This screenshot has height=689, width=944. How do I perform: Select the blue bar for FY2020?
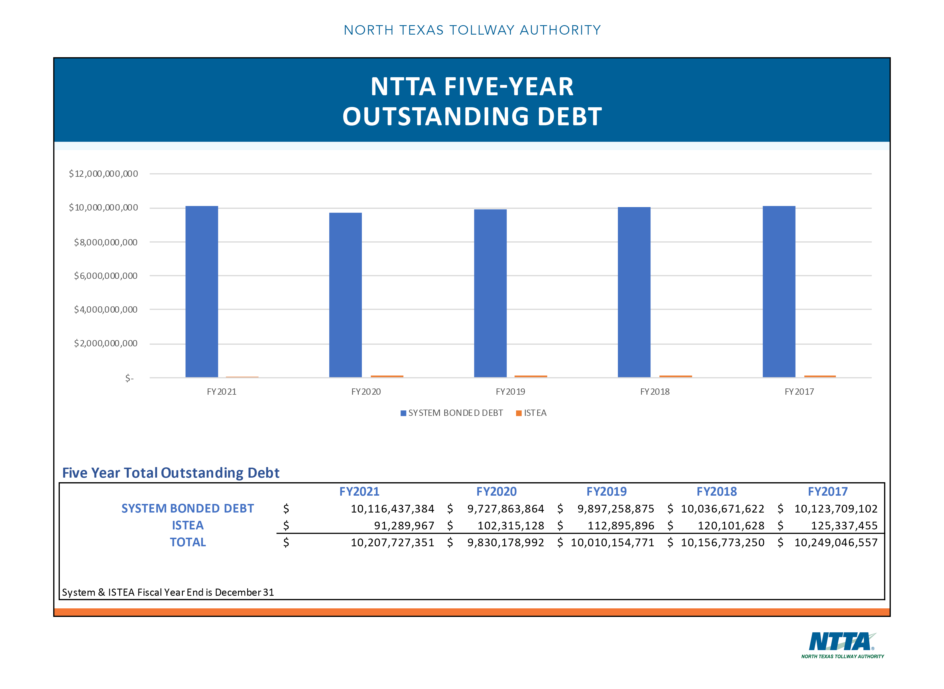tap(345, 295)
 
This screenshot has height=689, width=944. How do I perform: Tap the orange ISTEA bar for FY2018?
tap(675, 376)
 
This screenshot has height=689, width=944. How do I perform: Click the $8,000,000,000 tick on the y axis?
tap(106, 242)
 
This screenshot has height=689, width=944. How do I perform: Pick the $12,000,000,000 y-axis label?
tap(103, 174)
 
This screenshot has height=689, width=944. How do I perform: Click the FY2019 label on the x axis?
tap(510, 392)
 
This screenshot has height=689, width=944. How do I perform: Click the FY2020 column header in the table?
tap(496, 491)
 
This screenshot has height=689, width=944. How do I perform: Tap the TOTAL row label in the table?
tap(188, 542)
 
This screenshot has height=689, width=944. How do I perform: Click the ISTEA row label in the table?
tap(188, 525)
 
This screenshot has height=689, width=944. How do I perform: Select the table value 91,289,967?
tap(404, 525)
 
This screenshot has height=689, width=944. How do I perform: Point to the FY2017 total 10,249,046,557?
tap(836, 543)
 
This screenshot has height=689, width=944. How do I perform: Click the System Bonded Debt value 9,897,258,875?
tap(615, 509)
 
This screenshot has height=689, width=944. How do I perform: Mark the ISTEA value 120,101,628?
tap(731, 525)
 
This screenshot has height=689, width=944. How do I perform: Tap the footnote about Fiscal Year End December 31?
tap(168, 592)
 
